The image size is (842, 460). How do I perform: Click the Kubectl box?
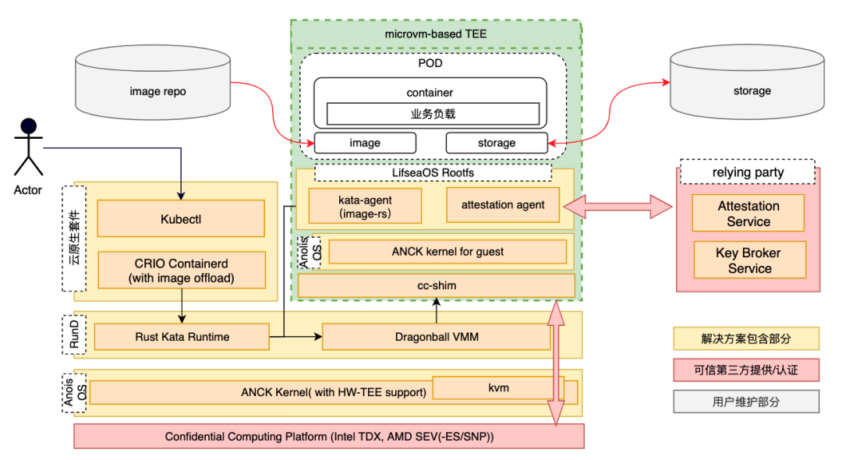tap(181, 220)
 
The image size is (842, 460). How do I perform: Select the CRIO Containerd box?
tap(181, 269)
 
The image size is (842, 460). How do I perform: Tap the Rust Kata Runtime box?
tap(182, 338)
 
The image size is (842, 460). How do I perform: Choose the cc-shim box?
tap(437, 285)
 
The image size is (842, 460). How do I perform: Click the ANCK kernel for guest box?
tap(448, 252)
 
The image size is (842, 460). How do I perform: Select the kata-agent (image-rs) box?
tap(365, 206)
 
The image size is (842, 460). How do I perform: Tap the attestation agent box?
tap(503, 205)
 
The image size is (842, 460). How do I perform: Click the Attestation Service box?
tap(748, 214)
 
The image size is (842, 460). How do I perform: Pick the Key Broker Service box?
tap(749, 260)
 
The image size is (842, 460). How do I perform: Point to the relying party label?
tap(748, 172)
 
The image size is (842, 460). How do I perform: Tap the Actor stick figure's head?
tap(29, 126)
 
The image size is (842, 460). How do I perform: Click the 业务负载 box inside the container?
tap(433, 114)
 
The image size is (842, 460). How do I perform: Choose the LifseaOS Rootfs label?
tap(433, 172)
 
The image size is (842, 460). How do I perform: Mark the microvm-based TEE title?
tap(436, 34)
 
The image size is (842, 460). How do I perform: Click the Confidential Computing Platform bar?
tap(328, 437)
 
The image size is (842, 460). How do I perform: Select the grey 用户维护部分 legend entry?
tap(746, 402)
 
